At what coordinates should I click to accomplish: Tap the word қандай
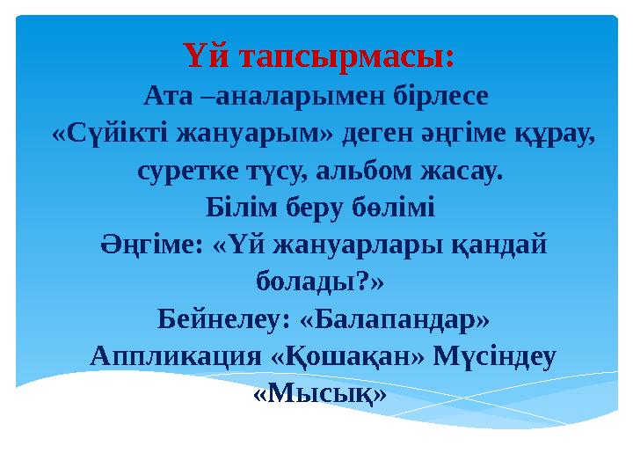click(498, 246)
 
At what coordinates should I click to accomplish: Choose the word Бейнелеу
click(215, 318)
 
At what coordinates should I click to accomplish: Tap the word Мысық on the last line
click(319, 394)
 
